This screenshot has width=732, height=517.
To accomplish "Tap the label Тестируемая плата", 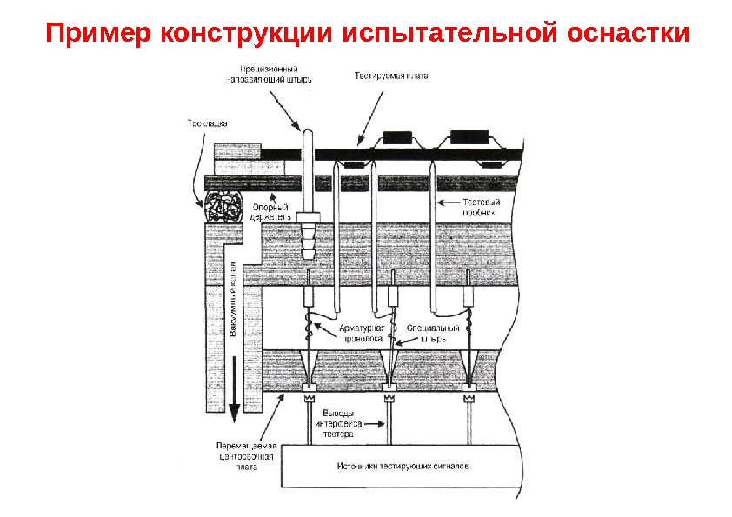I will click(x=390, y=76).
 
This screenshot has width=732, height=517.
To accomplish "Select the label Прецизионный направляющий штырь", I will click(x=269, y=74).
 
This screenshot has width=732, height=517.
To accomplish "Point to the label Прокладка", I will click(x=207, y=123).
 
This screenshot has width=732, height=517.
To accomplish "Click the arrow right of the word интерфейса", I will click(x=375, y=423).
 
